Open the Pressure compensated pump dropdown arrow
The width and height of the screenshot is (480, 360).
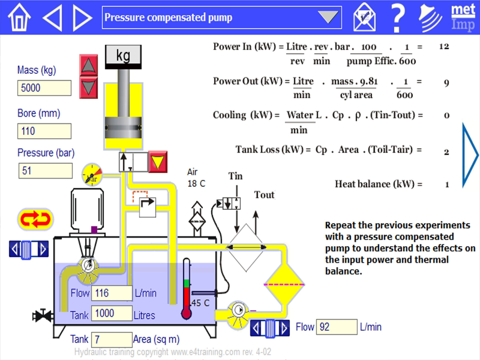pos(329,18)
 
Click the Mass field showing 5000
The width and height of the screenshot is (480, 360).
pos(44,88)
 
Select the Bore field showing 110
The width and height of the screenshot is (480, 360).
pos(44,131)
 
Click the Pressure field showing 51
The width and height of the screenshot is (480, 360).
pos(45,170)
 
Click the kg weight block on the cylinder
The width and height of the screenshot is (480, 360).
pos(123,56)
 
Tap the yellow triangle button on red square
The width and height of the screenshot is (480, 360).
pos(157,162)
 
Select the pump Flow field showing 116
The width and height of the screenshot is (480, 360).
pos(112,293)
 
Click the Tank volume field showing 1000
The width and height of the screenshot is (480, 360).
pos(112,313)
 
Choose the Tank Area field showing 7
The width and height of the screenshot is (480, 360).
pos(112,339)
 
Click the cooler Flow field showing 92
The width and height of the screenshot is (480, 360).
pos(336,327)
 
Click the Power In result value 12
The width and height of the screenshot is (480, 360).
pos(444,47)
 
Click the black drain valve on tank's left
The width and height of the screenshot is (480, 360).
pos(43,315)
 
